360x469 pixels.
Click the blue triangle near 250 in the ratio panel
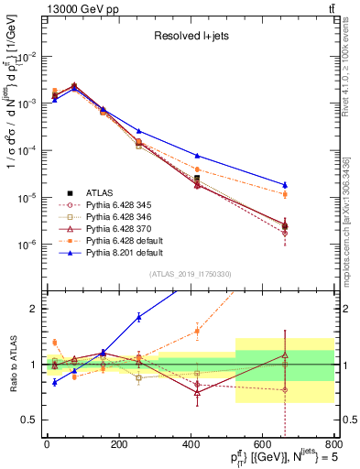[x=138, y=317]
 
